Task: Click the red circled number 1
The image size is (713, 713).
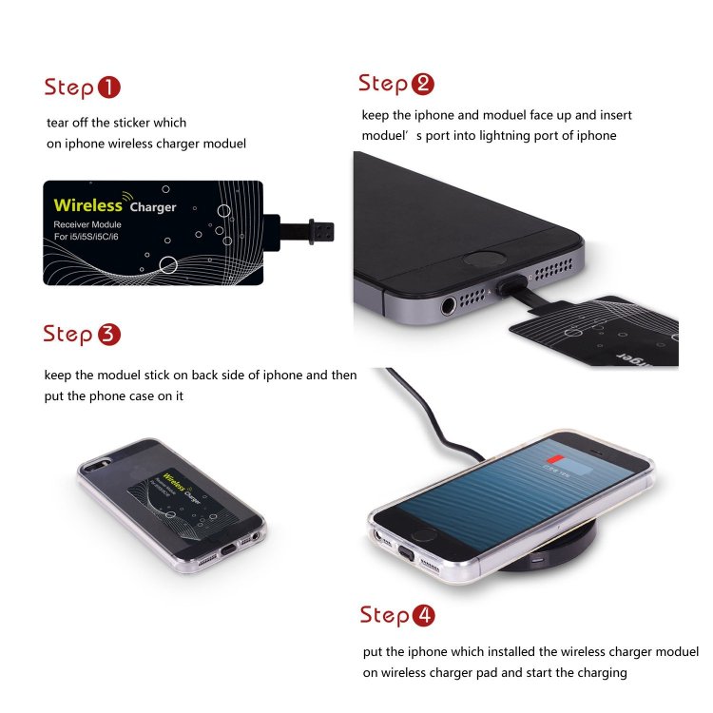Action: coord(109,88)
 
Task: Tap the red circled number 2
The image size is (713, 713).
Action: coord(422,84)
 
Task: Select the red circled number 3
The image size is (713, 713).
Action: coord(108,335)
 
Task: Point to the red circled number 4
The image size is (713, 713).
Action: coord(423,615)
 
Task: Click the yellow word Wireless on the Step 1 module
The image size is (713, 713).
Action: coord(87,204)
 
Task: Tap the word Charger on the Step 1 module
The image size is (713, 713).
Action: coord(153,207)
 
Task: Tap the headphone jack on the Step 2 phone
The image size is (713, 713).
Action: coord(447,306)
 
